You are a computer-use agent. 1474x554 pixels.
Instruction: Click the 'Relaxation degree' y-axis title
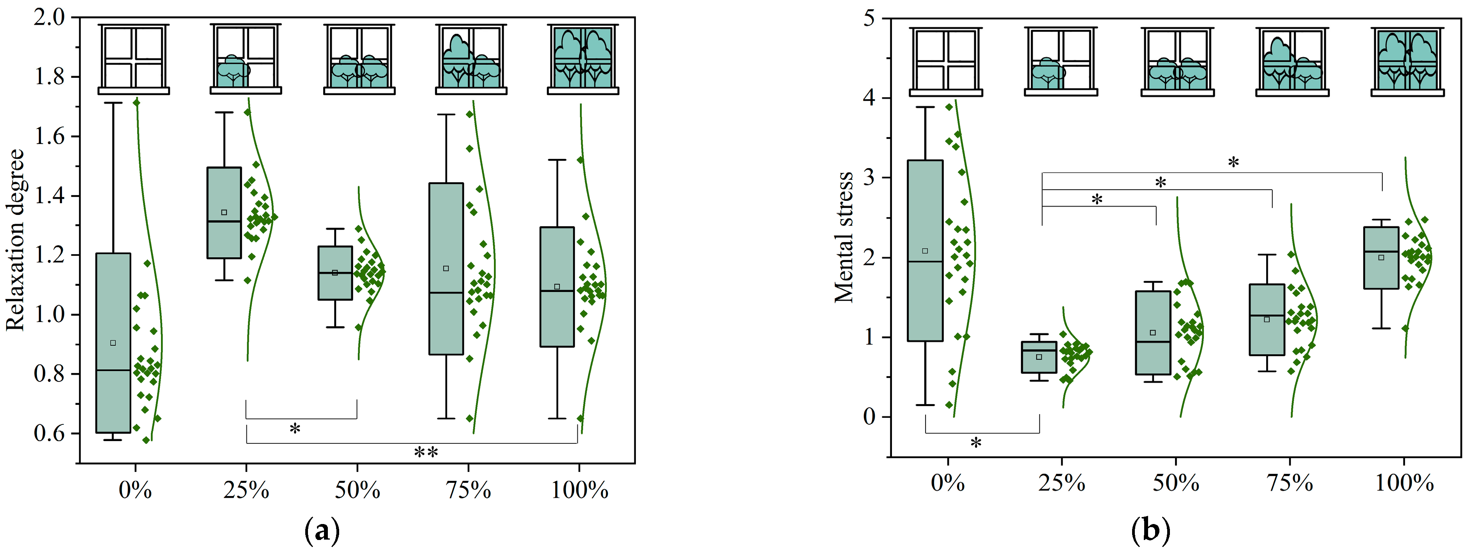point(16,240)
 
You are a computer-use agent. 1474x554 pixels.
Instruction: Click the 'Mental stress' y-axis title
point(844,237)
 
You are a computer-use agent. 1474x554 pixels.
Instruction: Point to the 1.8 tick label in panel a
point(50,77)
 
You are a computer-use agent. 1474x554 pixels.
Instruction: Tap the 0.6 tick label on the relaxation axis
point(50,433)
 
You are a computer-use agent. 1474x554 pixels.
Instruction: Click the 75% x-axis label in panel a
point(468,491)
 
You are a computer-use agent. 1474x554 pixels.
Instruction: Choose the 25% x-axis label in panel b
point(1062,484)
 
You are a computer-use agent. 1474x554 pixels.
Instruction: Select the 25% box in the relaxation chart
point(224,213)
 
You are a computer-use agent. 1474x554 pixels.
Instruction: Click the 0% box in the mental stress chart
point(925,250)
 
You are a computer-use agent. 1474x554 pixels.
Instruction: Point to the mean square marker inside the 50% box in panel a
point(335,273)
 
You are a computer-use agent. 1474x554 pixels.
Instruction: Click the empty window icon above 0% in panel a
point(134,59)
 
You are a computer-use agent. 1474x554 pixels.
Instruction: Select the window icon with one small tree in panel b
point(1061,61)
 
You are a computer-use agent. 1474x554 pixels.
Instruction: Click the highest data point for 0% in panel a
point(136,103)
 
